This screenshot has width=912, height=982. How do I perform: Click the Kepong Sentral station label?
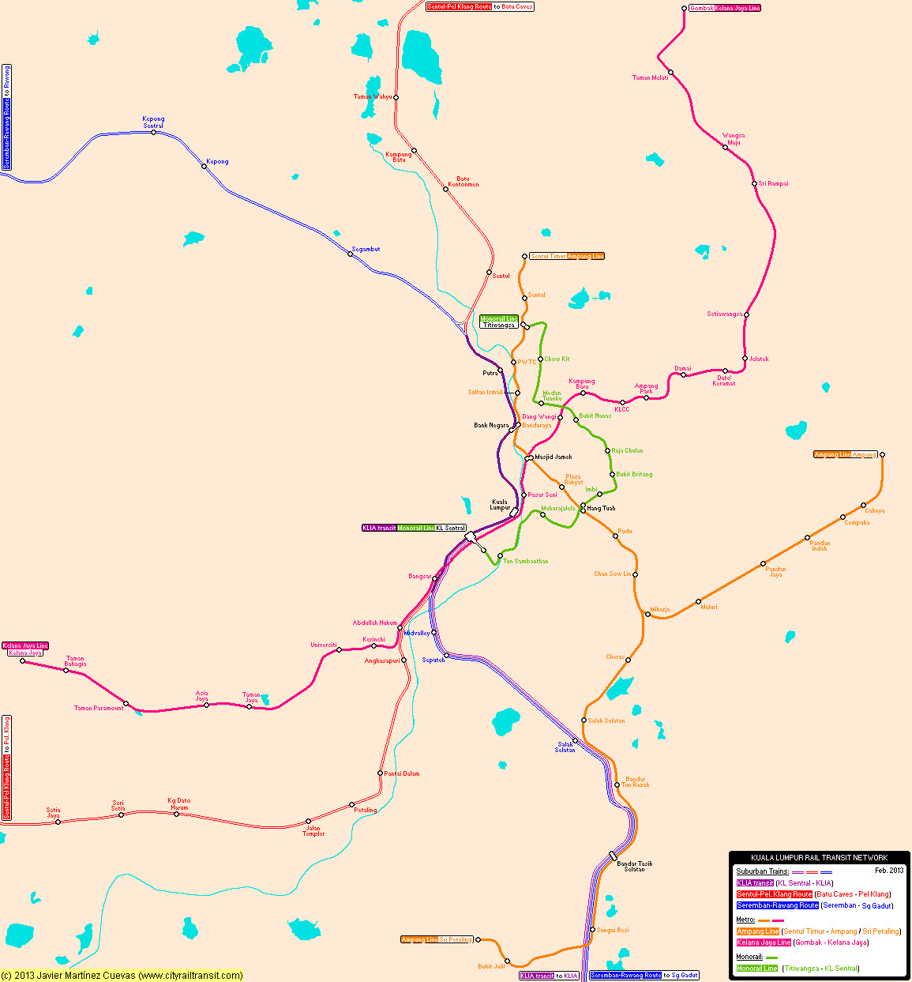(x=153, y=122)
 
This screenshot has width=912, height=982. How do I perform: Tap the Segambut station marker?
(x=351, y=254)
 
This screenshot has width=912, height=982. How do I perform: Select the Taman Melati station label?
(x=650, y=77)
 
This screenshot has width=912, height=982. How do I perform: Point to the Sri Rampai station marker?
(x=754, y=184)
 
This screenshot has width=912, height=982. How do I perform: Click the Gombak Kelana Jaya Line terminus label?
(x=725, y=8)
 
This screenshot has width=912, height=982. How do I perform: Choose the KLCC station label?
(x=622, y=409)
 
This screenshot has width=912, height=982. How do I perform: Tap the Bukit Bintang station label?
(x=634, y=474)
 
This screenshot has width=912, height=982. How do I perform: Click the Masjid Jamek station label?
(x=554, y=457)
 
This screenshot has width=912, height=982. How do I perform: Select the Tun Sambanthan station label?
(x=525, y=561)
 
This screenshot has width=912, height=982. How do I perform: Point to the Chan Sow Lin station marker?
(x=635, y=574)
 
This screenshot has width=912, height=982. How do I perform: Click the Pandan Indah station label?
(x=820, y=545)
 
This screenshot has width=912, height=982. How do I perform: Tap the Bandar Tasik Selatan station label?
(x=634, y=866)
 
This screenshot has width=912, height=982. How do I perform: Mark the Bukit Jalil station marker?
(x=507, y=961)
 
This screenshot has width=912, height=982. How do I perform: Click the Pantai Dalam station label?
(x=401, y=773)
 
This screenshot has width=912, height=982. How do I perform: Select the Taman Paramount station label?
(x=99, y=708)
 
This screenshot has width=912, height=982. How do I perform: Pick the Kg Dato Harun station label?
(x=179, y=803)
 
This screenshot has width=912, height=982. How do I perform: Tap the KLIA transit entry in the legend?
(x=755, y=883)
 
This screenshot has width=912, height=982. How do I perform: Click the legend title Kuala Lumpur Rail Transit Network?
(x=819, y=857)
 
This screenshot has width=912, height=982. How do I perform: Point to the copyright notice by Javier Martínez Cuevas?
(x=122, y=976)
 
